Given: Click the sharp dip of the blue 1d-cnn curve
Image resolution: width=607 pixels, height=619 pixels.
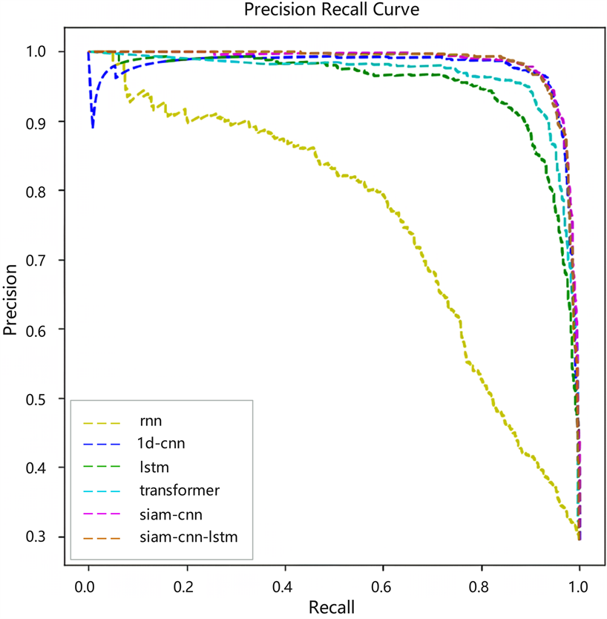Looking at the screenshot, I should (93, 127).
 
